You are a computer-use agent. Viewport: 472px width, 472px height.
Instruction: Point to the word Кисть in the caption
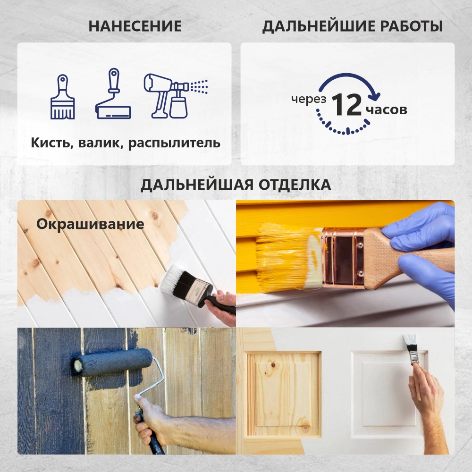click(50, 143)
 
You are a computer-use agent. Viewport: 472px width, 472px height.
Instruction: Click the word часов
click(386, 110)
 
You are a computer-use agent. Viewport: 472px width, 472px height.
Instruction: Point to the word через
click(309, 99)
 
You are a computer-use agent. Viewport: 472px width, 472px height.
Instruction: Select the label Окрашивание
click(90, 224)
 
